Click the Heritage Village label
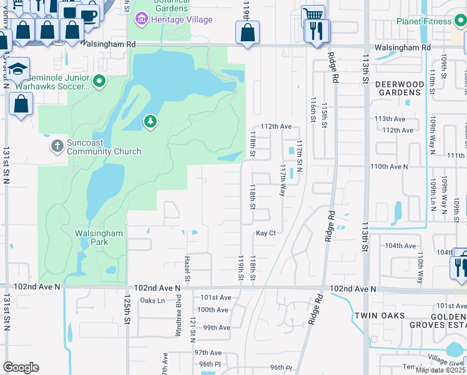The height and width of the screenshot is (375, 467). [182, 19]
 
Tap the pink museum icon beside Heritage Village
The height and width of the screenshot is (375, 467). [142, 19]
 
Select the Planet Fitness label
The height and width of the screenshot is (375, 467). [423, 21]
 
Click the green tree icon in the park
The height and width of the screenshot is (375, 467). [150, 121]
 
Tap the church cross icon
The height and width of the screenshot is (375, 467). [57, 146]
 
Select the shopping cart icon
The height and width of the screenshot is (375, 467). [313, 14]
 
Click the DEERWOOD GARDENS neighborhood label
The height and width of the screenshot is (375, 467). [400, 88]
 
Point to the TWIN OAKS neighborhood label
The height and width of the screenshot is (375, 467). [380, 316]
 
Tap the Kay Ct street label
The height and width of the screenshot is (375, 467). [265, 233]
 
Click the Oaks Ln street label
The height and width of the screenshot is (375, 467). [152, 301]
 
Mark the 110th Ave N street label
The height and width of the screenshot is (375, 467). [388, 167]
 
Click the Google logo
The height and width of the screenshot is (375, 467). [21, 367]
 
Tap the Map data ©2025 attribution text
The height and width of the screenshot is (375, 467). [441, 370]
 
